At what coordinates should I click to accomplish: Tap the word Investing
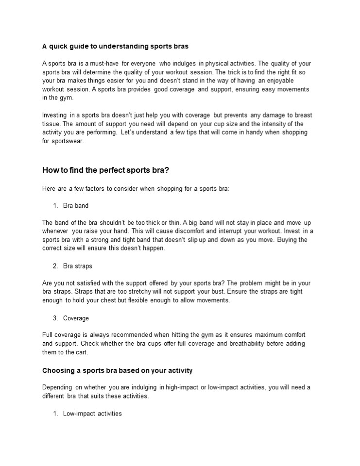[x=55, y=115]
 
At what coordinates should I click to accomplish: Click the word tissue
[x=51, y=124]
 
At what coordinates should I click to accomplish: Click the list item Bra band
[x=76, y=206]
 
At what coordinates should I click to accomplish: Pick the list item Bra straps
[x=78, y=266]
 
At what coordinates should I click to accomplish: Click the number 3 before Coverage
[x=55, y=318]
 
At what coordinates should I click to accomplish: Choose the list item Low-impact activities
[x=92, y=414]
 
